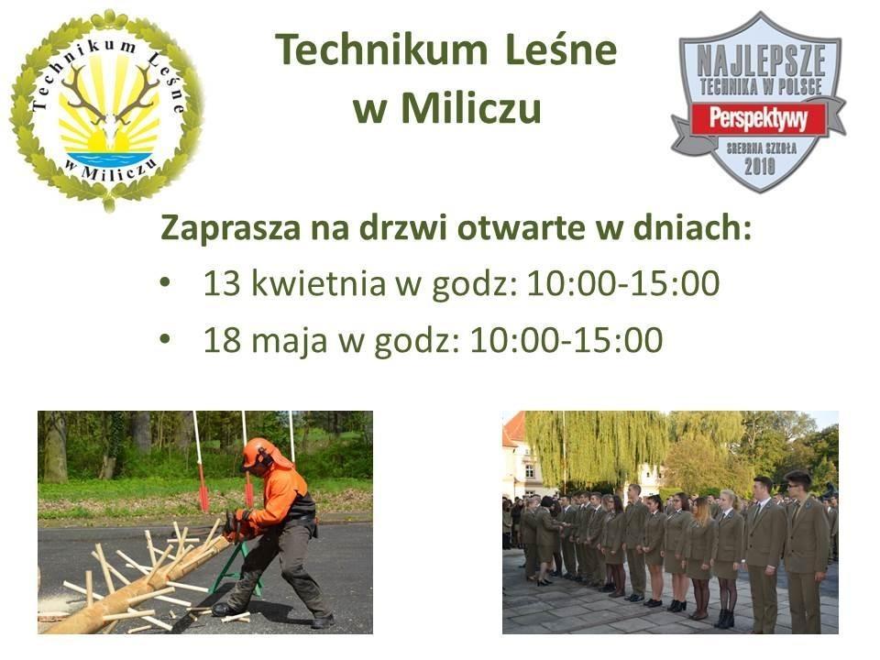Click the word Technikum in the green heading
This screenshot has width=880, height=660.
[381, 49]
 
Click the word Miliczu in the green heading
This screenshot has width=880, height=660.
[472, 108]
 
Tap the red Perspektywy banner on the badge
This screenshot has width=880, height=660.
[759, 118]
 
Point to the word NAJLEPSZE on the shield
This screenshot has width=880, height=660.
[761, 61]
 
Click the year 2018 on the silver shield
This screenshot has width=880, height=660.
[760, 165]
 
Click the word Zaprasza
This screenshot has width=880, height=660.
[230, 228]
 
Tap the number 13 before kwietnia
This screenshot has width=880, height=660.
[222, 283]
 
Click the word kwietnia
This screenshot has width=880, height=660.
[318, 282]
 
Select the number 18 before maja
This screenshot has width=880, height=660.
[222, 339]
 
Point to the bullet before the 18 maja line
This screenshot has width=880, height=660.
[164, 339]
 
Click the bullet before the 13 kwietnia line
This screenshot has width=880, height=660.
[164, 283]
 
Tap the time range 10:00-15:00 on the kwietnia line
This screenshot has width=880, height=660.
[623, 283]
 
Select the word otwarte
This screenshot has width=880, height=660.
[522, 229]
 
